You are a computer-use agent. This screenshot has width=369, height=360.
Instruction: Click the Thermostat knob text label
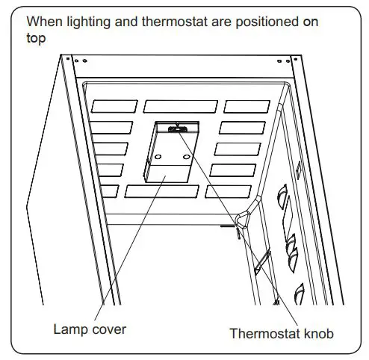click(281, 334)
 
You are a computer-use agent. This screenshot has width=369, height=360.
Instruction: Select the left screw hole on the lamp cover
click(158, 156)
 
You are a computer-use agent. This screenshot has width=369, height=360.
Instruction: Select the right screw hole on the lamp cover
click(186, 157)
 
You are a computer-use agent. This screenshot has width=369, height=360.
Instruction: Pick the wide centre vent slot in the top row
click(180, 106)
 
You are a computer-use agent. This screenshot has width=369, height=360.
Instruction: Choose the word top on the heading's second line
click(35, 38)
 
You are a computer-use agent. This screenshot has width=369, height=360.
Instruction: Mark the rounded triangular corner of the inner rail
click(243, 217)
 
